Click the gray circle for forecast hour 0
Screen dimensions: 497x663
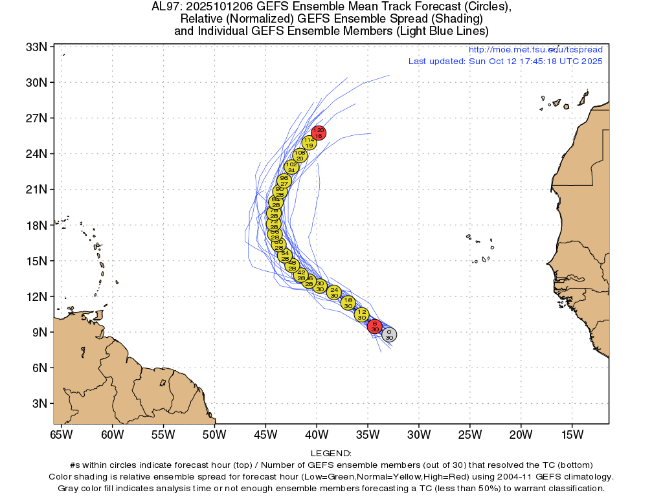click(x=389, y=335)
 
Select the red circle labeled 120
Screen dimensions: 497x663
click(x=318, y=133)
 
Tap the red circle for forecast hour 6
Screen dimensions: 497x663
click(x=375, y=326)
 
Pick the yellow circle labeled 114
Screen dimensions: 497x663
click(x=309, y=142)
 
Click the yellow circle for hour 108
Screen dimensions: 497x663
click(x=300, y=155)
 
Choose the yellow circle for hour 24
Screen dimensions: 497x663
click(x=334, y=293)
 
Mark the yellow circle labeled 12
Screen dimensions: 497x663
click(x=362, y=315)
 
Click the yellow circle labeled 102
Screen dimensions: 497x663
click(x=291, y=167)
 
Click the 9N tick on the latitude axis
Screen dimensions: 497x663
click(x=39, y=332)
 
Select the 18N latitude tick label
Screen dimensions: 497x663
click(x=36, y=225)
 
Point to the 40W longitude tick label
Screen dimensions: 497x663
click(x=317, y=434)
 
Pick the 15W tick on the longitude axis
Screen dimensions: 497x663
click(x=572, y=434)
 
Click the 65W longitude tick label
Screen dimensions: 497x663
click(x=62, y=434)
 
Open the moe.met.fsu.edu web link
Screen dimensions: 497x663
click(x=535, y=50)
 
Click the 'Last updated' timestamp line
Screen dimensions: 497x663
click(x=505, y=61)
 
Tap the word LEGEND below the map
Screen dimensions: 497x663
click(x=331, y=454)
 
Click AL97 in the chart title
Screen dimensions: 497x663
click(x=164, y=8)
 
